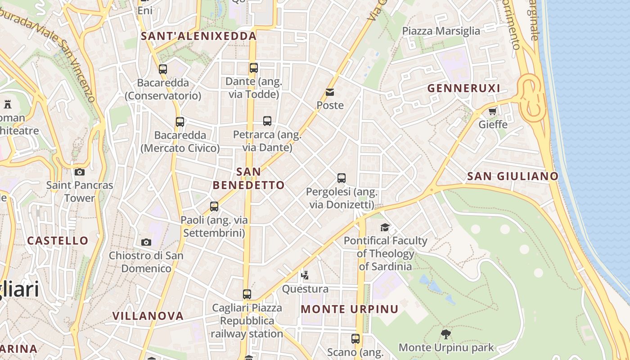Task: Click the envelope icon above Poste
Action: click(x=330, y=93)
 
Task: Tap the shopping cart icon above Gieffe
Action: click(x=493, y=111)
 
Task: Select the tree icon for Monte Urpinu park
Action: click(x=446, y=334)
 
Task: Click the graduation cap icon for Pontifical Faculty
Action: click(x=385, y=227)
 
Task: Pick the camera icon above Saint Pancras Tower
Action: click(x=80, y=172)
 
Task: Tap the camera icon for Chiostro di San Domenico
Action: click(x=146, y=243)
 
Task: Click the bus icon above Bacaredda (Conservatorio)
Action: click(x=163, y=69)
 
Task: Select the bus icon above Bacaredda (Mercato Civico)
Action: click(x=180, y=121)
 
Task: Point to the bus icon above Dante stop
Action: click(x=254, y=68)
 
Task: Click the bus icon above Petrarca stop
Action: click(x=267, y=121)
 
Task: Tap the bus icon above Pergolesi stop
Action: click(x=342, y=178)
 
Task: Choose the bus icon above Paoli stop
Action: click(x=214, y=207)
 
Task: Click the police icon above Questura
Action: click(x=305, y=275)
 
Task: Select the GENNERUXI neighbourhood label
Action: click(x=463, y=88)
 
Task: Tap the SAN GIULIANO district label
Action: click(x=513, y=176)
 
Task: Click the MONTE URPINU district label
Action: click(x=350, y=309)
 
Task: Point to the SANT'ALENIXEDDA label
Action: click(x=199, y=36)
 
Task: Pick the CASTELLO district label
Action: click(x=58, y=240)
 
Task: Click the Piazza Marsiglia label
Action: click(x=441, y=31)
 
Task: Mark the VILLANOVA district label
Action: click(x=148, y=316)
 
